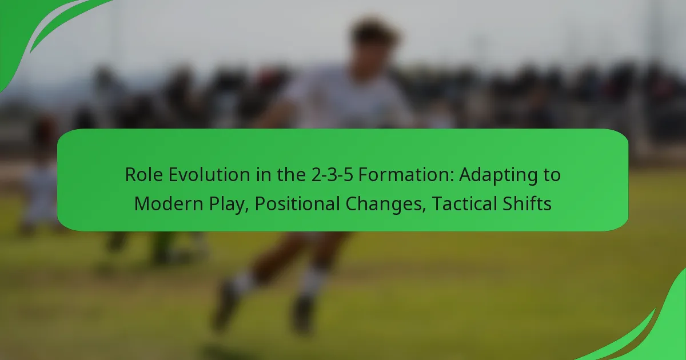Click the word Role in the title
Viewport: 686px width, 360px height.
coord(143,174)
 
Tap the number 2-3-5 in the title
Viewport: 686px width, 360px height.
coord(332,174)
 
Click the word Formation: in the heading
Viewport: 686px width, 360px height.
coord(406,174)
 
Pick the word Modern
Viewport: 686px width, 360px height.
coord(169,203)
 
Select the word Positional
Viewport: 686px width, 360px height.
coord(297,203)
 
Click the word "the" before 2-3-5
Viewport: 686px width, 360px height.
coord(291,174)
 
